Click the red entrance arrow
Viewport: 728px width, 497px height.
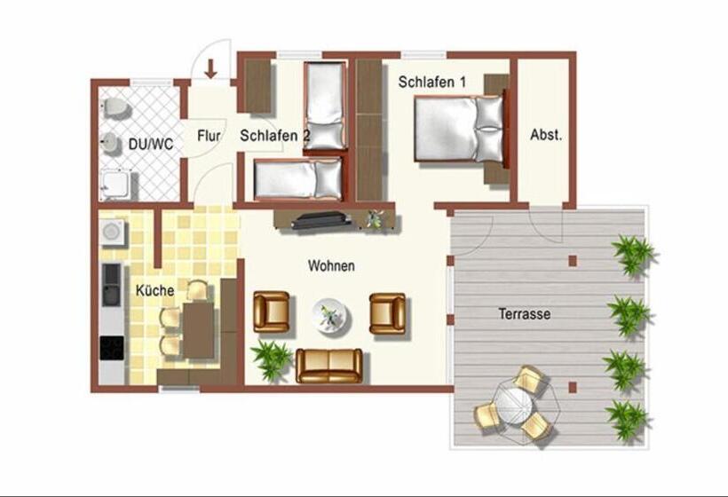point(211,68)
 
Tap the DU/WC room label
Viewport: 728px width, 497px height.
point(150,145)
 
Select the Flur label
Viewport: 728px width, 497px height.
point(209,136)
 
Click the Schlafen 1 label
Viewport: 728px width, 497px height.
point(431,83)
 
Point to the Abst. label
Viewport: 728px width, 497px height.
point(546,135)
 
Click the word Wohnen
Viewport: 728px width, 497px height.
point(331,266)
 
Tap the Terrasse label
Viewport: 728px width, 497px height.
point(525,313)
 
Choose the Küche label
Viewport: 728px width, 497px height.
point(155,290)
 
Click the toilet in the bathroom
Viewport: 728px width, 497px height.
point(115,109)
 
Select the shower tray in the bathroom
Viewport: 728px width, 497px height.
point(115,185)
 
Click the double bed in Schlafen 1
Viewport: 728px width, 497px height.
point(459,129)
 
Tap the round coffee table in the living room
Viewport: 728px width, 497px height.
point(331,316)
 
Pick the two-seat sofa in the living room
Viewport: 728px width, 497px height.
point(329,366)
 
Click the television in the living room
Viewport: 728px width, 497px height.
point(321,219)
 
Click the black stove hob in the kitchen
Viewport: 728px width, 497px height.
point(112,348)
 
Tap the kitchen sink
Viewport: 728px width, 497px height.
point(112,285)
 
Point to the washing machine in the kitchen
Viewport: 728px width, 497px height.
point(112,232)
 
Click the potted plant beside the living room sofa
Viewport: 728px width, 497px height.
point(271,359)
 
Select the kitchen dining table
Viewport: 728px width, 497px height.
point(198,330)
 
